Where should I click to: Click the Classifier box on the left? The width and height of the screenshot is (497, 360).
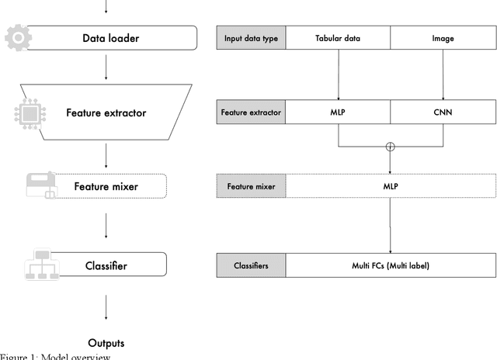coord(107,266)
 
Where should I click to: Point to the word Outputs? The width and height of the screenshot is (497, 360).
coord(106,343)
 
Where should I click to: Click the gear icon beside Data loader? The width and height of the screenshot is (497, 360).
coord(18,37)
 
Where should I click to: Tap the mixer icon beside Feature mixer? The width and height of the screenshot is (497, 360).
coord(40,186)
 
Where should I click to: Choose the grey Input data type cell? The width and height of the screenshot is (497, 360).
coord(251,36)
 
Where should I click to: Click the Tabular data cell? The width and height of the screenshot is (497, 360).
coord(338,36)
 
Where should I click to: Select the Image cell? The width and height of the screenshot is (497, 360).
coord(442,36)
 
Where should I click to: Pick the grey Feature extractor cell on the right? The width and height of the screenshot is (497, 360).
coord(251,112)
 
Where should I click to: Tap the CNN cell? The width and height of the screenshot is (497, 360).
coord(442,112)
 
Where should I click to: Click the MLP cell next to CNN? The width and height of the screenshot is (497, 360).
coord(338,112)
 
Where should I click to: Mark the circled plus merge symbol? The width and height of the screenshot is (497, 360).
coord(390,146)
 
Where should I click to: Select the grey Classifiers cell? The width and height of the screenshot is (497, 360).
coord(251,265)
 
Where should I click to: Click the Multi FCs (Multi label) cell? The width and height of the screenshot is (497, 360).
coord(390,265)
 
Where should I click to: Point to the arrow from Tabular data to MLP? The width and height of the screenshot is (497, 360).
coord(339,74)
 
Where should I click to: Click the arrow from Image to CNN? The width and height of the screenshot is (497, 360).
coord(443,74)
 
